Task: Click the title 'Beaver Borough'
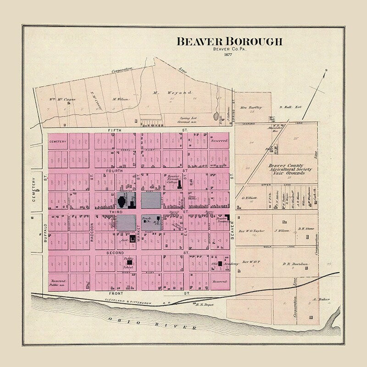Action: click(x=229, y=42)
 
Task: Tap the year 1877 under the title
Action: click(x=228, y=55)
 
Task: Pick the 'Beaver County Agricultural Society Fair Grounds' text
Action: click(x=287, y=169)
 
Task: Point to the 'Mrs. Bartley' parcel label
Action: click(x=251, y=107)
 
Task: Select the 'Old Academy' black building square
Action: click(x=220, y=264)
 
